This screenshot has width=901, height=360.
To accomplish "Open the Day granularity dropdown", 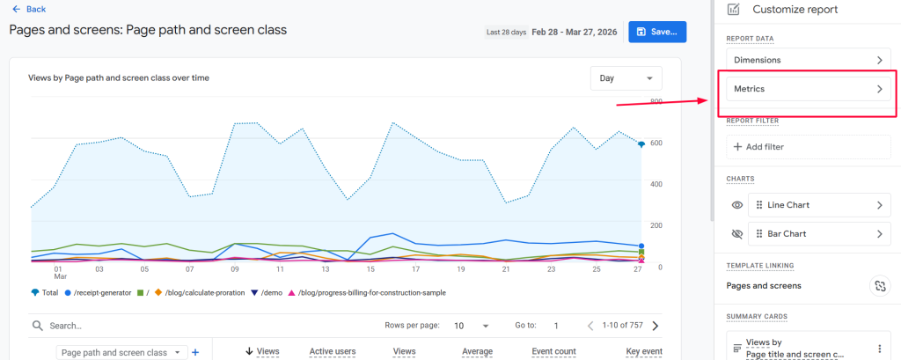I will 626,78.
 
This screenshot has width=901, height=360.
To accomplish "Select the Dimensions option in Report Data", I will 808,60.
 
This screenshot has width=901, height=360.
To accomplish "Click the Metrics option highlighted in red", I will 808,89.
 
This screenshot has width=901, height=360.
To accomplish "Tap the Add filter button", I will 808,147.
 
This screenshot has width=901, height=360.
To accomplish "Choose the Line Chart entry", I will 817,205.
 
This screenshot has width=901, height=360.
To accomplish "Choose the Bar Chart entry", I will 817,234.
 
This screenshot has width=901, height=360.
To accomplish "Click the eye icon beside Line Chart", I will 737,205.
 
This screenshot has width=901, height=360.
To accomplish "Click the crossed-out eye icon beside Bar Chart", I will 737,234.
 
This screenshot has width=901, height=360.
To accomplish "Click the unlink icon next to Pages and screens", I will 879,286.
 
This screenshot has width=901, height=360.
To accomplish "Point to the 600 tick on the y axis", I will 656,143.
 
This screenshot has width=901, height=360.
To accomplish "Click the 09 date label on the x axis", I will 234,269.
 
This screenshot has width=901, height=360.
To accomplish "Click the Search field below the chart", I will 176,325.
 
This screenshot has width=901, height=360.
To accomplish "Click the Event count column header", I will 553,351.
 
